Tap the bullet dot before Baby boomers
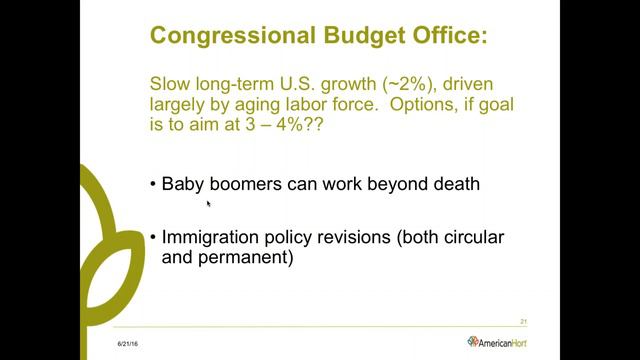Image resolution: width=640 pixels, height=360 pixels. (x=153, y=184)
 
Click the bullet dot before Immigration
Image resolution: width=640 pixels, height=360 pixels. (x=153, y=238)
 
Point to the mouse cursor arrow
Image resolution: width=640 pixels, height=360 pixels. (x=208, y=203)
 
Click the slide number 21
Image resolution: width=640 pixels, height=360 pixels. (x=524, y=321)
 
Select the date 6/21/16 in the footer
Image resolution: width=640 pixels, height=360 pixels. (x=127, y=343)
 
